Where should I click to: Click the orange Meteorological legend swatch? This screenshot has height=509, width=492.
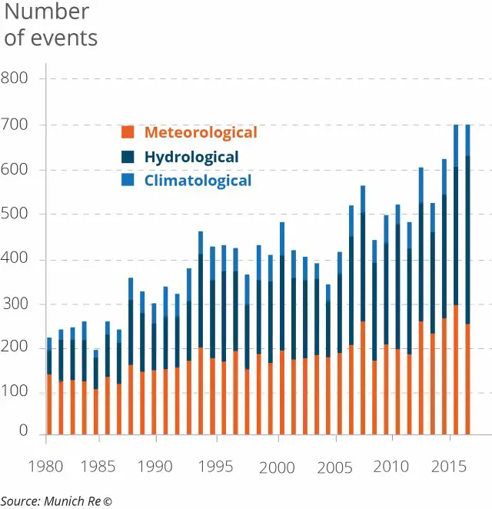point(128,132)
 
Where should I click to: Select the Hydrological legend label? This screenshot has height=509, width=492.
point(191,157)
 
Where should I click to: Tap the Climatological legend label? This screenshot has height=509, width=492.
point(198,181)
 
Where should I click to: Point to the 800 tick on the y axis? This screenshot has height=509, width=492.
point(14,78)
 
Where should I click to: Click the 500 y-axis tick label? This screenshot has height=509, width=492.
point(14,214)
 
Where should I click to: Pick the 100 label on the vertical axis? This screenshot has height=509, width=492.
point(14,392)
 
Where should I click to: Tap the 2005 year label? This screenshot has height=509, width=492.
point(334,467)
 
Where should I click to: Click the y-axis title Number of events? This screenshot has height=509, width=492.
point(51,24)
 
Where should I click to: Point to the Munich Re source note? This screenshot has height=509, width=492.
point(56,501)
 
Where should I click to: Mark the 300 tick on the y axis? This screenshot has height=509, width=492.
point(14,304)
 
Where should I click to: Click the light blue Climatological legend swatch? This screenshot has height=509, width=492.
point(128,180)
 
